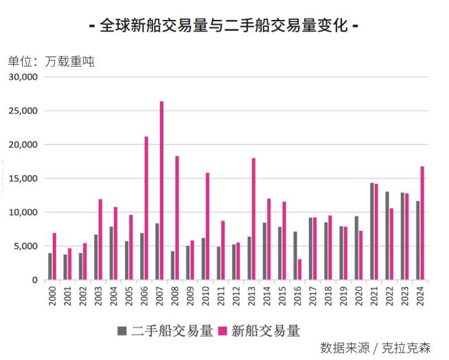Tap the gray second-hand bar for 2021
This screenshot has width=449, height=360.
[x=371, y=232]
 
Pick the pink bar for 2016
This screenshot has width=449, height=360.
[x=300, y=269]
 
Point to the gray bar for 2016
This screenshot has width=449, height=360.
[x=295, y=256]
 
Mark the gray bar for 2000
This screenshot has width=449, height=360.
[x=50, y=267]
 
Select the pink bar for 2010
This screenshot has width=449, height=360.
[x=207, y=227]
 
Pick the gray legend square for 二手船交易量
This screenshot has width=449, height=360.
[x=122, y=331]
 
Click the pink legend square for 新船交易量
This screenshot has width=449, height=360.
[x=222, y=331]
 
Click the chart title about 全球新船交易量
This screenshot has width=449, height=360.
[x=224, y=25]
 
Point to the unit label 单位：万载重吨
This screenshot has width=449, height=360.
[x=51, y=61]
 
